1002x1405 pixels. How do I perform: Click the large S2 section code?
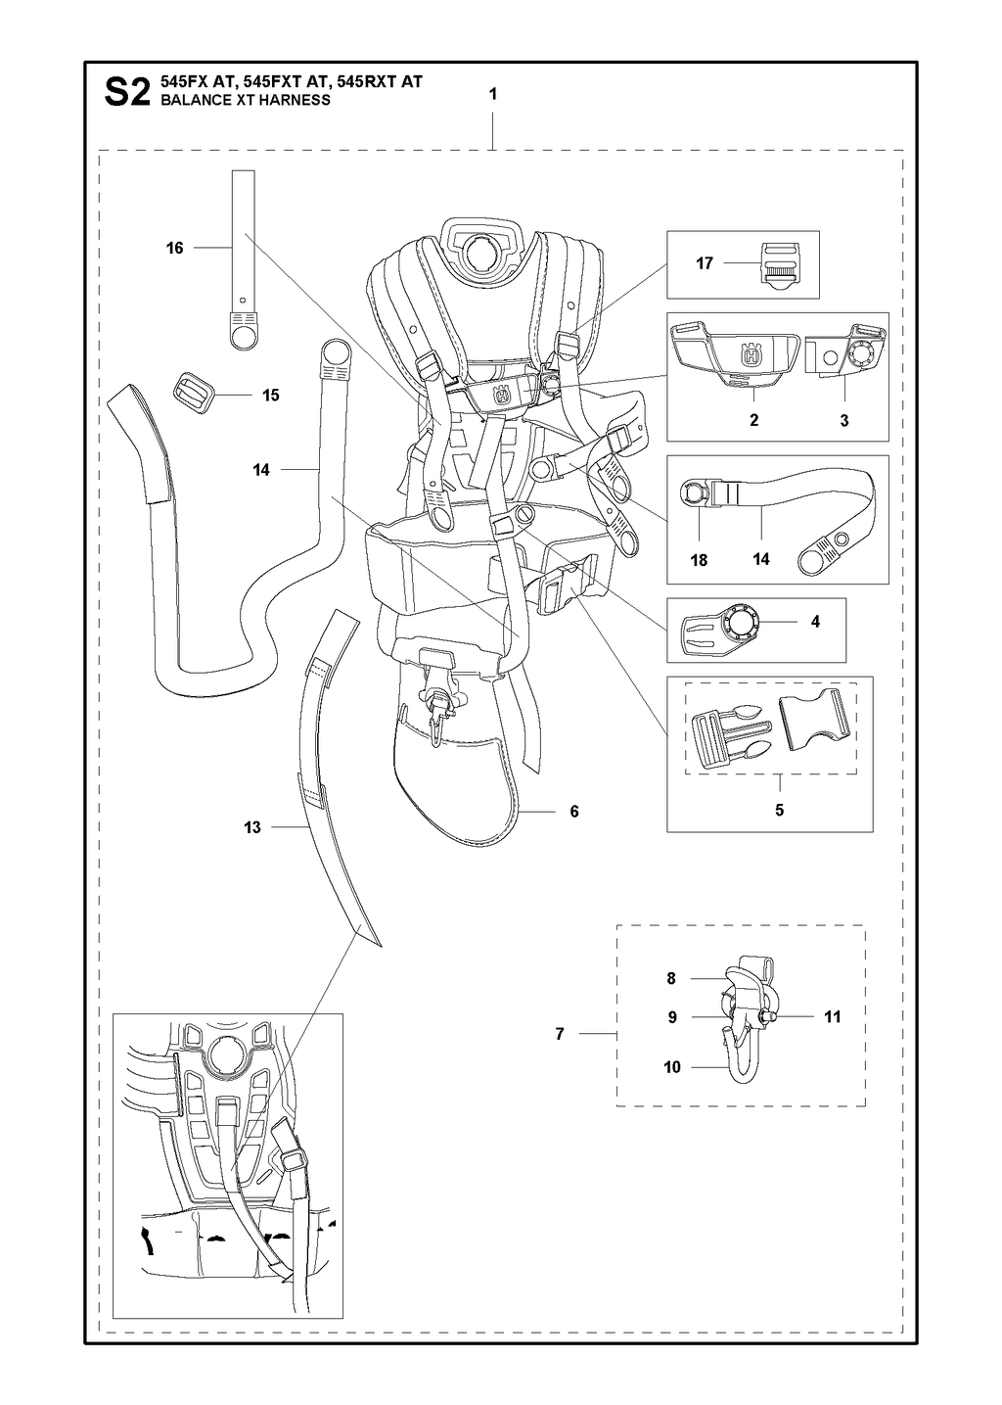(x=126, y=92)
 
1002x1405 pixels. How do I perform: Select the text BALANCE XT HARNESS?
(x=246, y=100)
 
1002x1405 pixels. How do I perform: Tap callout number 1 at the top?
(x=493, y=94)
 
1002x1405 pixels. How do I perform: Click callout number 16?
(x=175, y=248)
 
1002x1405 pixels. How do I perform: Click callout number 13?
(x=252, y=827)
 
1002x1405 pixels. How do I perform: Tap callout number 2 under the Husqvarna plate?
(x=753, y=420)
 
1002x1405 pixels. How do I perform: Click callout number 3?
(x=844, y=420)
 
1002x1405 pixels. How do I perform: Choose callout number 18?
(x=699, y=560)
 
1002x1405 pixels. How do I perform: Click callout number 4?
(x=815, y=622)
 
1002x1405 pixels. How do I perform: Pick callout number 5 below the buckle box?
(x=780, y=810)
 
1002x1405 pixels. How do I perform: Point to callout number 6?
(x=574, y=811)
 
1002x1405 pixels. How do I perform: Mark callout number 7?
(x=560, y=1033)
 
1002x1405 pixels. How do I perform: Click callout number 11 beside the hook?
(x=832, y=1016)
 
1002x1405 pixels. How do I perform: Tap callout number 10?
(x=671, y=1067)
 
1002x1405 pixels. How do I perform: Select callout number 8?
(x=671, y=978)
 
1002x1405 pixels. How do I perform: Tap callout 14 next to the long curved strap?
(x=261, y=469)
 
